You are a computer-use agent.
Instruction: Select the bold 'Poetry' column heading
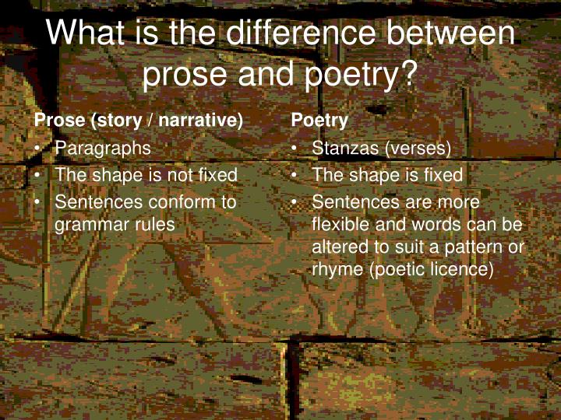coord(319,121)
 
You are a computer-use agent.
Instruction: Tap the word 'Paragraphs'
coord(103,148)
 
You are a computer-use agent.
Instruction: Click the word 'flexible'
coord(340,225)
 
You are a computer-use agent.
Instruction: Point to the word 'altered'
coord(338,247)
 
